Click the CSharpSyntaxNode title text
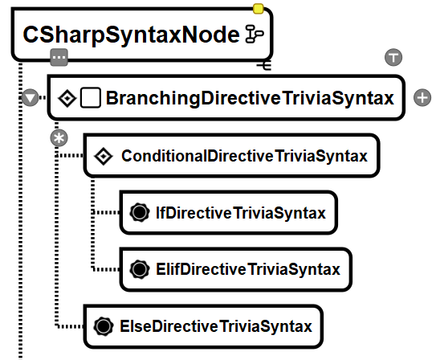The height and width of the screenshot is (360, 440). click(132, 35)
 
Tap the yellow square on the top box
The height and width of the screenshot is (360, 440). click(259, 9)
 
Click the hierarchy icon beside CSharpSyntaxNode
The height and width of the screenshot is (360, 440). click(255, 35)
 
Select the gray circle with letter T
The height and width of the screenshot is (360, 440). click(393, 57)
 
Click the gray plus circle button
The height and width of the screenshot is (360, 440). click(422, 98)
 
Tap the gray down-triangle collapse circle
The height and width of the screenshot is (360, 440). click(30, 98)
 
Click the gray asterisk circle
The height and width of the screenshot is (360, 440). click(59, 138)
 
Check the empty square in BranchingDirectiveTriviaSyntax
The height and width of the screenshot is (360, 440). click(91, 98)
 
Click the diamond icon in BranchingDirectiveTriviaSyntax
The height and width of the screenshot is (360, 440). click(67, 98)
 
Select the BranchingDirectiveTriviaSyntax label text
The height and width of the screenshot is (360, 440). click(250, 98)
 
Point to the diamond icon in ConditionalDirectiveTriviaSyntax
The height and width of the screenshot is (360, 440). click(104, 156)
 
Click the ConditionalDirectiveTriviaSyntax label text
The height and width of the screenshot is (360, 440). click(244, 156)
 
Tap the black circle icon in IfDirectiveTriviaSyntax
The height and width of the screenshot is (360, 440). click(140, 213)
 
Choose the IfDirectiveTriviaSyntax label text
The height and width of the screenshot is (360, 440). click(241, 213)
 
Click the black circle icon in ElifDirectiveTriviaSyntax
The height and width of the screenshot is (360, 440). click(140, 269)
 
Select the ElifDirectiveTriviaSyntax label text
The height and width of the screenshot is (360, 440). click(248, 269)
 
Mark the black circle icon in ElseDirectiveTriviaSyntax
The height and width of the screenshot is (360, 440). click(104, 326)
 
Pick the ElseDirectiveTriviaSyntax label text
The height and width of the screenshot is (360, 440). click(216, 326)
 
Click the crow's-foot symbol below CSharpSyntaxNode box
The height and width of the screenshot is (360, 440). click(264, 66)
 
